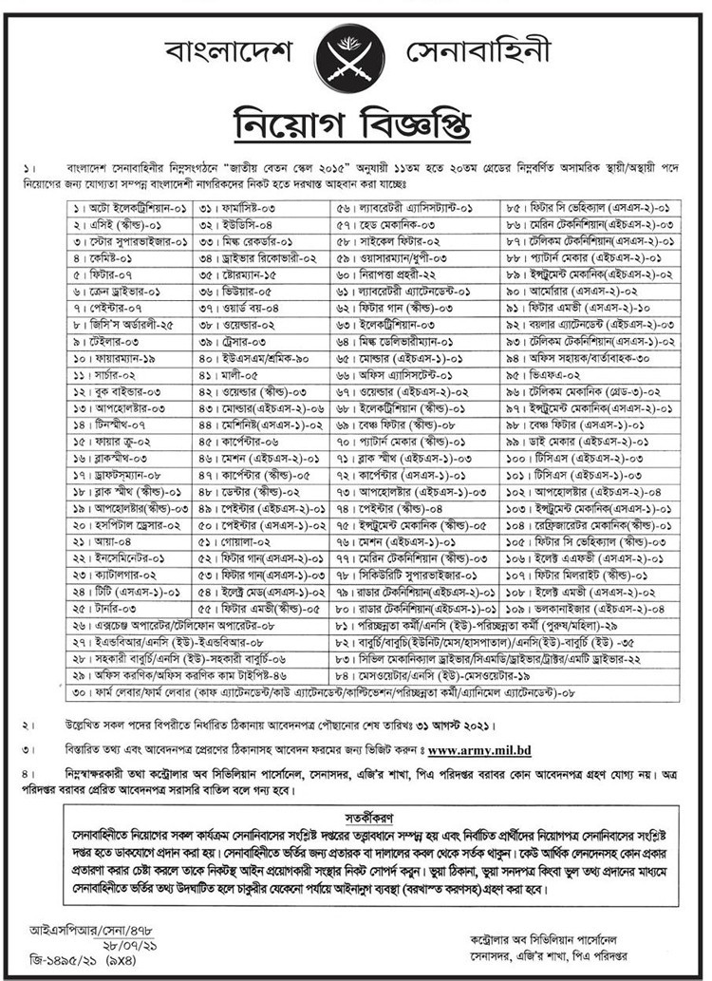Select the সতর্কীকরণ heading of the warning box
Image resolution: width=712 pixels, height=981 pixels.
coord(355,816)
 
